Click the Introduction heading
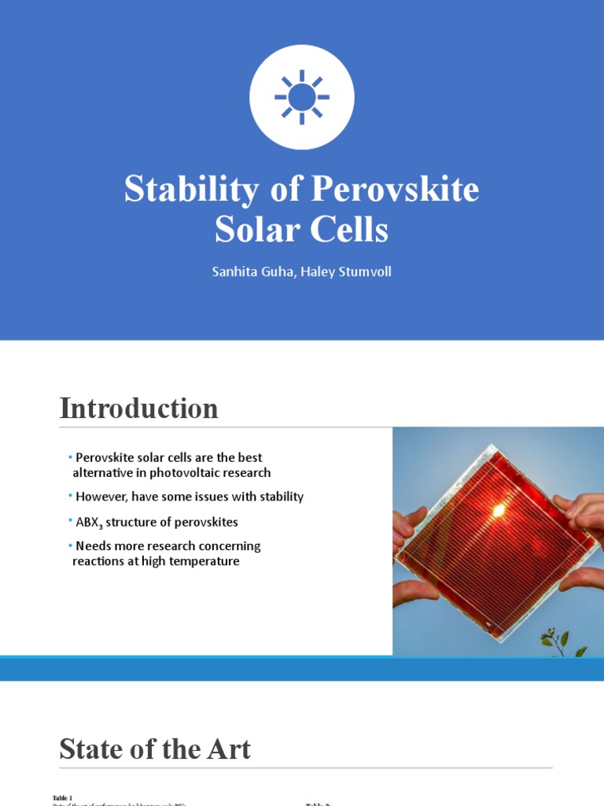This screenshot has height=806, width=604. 138,409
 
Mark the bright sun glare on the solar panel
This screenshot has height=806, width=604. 498,510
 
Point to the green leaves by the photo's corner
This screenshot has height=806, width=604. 563,641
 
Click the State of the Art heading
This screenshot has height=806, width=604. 155,749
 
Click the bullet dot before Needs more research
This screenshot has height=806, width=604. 70,545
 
